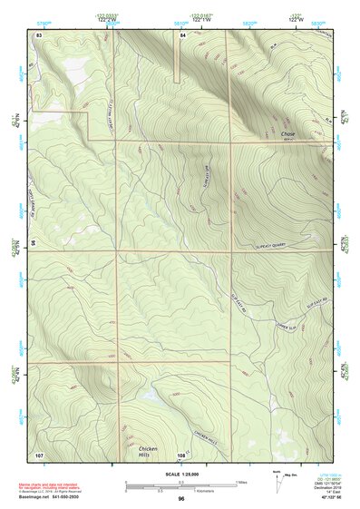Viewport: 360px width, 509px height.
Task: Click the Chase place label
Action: coord(288,134)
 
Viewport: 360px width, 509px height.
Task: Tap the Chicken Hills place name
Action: coord(149,451)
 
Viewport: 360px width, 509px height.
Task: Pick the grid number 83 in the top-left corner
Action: coord(39,34)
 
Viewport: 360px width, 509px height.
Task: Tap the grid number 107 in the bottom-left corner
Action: coord(39,454)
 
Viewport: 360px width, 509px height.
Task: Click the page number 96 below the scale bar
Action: coord(181,498)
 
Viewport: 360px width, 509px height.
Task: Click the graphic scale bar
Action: coord(180,485)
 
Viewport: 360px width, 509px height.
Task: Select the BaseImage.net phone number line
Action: coord(51,497)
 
